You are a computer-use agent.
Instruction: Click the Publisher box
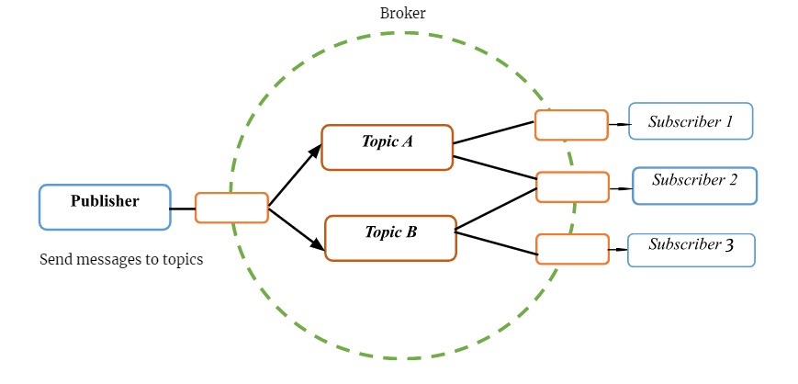click(x=105, y=207)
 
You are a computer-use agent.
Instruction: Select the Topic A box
click(x=388, y=147)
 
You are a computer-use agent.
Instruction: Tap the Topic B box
click(x=390, y=238)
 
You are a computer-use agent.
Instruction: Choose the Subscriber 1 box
click(x=691, y=121)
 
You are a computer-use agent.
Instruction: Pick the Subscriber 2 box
click(x=694, y=186)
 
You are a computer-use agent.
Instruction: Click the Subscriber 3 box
click(x=691, y=250)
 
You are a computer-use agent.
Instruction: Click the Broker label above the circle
click(x=402, y=13)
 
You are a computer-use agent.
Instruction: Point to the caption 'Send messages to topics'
click(x=121, y=259)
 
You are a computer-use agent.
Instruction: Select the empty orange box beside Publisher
click(x=231, y=208)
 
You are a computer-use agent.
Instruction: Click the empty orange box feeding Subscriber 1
click(x=571, y=125)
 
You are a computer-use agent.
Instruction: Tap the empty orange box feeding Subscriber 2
click(x=572, y=186)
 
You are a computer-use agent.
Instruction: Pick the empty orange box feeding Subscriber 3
click(x=572, y=249)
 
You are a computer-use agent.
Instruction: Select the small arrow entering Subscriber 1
click(x=624, y=124)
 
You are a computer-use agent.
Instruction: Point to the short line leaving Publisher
click(x=183, y=209)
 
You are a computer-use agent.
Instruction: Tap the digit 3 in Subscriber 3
click(x=729, y=245)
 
